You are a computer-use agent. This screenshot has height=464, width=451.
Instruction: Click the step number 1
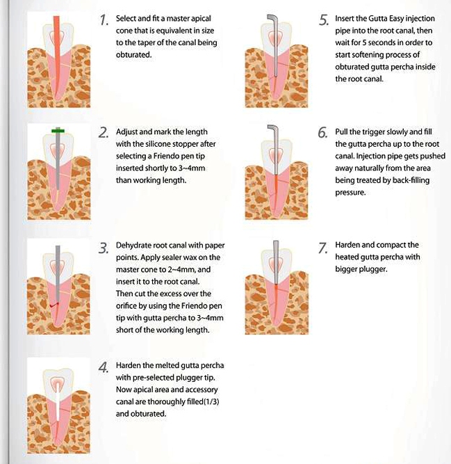click(x=103, y=20)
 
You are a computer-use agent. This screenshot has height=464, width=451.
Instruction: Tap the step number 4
click(x=104, y=367)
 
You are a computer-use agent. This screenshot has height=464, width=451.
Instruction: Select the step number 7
click(x=322, y=248)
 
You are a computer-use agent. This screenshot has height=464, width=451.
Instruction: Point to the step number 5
click(x=323, y=20)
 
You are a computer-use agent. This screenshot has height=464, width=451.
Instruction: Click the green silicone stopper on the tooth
click(x=58, y=131)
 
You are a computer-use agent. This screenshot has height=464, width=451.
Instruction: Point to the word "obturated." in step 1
click(x=133, y=55)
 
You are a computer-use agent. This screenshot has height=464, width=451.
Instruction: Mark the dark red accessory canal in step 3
click(x=54, y=305)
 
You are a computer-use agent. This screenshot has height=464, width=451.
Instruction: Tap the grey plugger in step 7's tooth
click(x=276, y=262)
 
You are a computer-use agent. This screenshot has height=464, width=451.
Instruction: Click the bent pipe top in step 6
click(x=273, y=129)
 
